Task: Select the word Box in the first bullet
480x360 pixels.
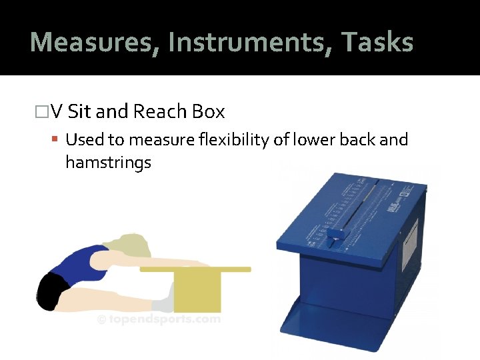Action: (x=208, y=111)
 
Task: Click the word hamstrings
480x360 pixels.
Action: (x=108, y=162)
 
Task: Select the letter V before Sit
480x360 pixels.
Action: (x=56, y=111)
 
